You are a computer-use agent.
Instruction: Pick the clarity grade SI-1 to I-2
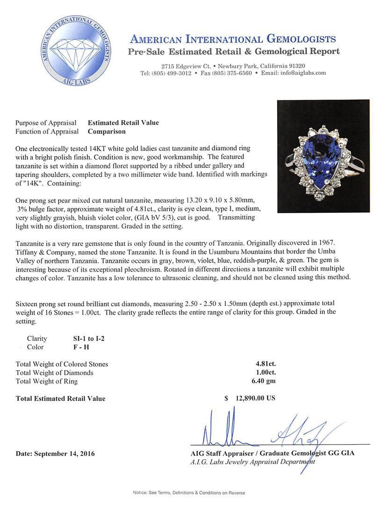pyautogui.click(x=79, y=339)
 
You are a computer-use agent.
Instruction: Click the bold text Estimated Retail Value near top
pyautogui.click(x=123, y=123)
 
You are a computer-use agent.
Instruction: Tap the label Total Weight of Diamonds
pyautogui.click(x=54, y=373)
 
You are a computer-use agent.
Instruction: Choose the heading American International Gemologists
pyautogui.click(x=232, y=39)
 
